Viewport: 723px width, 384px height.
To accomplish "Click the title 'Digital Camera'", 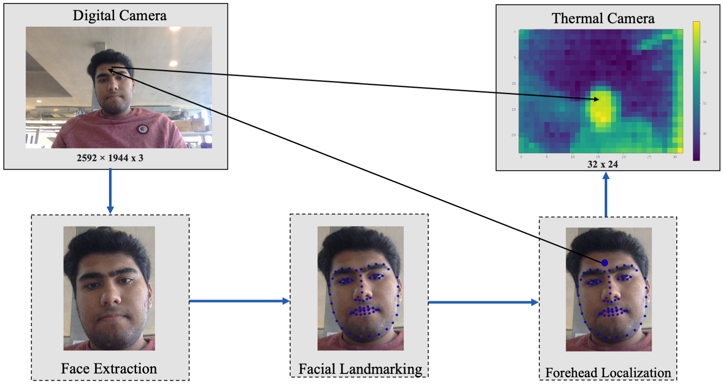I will pos(120,16).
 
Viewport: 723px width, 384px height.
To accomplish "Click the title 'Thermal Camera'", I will pos(603,19).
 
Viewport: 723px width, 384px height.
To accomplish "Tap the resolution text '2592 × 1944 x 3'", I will pos(110,158).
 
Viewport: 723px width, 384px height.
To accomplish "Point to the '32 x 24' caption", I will pos(603,164).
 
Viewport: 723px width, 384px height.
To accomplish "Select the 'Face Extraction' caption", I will pos(109,368).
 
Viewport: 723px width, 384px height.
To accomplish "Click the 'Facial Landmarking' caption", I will pos(360,369).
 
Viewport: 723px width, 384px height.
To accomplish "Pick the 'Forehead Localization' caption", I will pos(608,373).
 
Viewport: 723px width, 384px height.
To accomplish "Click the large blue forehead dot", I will pos(605,263).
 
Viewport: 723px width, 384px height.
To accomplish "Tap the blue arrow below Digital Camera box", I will pos(110,191).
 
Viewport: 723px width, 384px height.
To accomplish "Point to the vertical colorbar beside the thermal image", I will pos(696,91).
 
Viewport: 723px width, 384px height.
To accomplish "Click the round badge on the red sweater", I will pos(142,129).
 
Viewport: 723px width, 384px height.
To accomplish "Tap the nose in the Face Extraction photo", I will pos(111,299).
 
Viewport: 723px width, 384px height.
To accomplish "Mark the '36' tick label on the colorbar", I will pos(704,42).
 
